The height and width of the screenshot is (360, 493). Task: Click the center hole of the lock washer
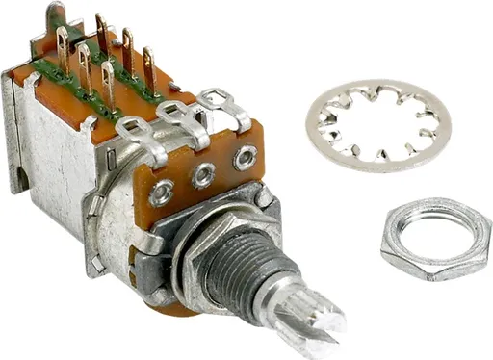378,123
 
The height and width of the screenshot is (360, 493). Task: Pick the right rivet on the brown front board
245,158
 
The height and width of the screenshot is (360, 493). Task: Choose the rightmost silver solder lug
229,104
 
